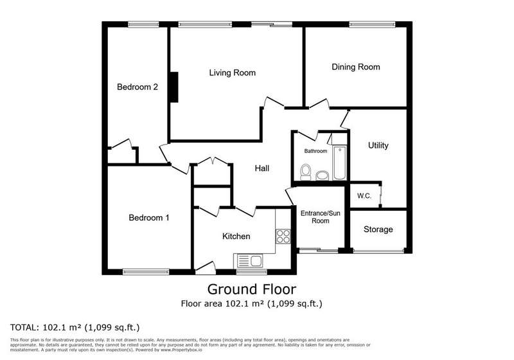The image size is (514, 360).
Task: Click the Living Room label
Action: [x=233, y=73]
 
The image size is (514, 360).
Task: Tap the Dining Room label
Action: [x=356, y=67]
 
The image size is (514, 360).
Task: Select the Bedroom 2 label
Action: [x=137, y=87]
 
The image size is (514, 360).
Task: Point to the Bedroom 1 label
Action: [x=149, y=218]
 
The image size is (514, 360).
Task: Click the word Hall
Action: [x=262, y=168]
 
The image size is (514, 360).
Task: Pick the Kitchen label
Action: [x=236, y=237]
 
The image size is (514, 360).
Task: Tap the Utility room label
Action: [x=378, y=145]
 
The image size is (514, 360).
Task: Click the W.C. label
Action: [x=364, y=196]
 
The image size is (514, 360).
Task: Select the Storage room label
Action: [x=378, y=230]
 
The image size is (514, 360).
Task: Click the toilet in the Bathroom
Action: [x=306, y=172]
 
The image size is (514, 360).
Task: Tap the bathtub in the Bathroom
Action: [x=340, y=163]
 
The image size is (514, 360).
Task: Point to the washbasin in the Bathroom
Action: [x=323, y=175]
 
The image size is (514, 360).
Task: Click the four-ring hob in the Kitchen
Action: [x=283, y=236]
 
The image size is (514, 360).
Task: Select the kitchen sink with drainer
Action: [x=249, y=261]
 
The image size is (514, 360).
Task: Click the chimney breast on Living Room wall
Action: [x=174, y=87]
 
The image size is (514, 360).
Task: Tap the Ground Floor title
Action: [x=252, y=289]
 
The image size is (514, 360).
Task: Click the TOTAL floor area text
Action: [x=75, y=327]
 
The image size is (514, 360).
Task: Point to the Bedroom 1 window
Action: [x=146, y=271]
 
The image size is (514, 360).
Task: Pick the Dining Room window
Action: [x=372, y=24]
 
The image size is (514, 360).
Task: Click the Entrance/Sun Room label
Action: [x=320, y=217]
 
